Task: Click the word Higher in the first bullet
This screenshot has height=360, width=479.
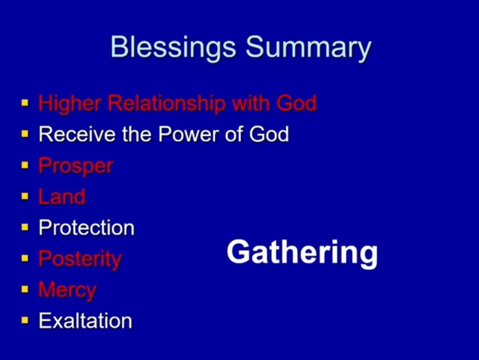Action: (70, 103)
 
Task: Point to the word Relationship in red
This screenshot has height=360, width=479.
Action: (167, 103)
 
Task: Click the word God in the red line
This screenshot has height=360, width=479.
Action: (296, 103)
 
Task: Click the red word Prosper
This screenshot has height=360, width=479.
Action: (76, 167)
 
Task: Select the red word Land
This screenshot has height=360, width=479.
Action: (62, 196)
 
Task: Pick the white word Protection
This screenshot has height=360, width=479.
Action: (86, 228)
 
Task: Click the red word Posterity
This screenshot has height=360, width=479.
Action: (80, 260)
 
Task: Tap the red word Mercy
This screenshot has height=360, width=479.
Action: (67, 290)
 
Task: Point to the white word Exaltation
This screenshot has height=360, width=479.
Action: (85, 321)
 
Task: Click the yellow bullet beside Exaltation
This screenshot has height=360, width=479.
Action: (25, 320)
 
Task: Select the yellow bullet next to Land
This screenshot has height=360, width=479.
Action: (25, 196)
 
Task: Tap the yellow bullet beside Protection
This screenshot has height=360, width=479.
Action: (25, 227)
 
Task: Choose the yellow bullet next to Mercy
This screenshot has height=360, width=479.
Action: (25, 289)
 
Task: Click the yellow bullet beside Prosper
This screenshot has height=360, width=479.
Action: (25, 165)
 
